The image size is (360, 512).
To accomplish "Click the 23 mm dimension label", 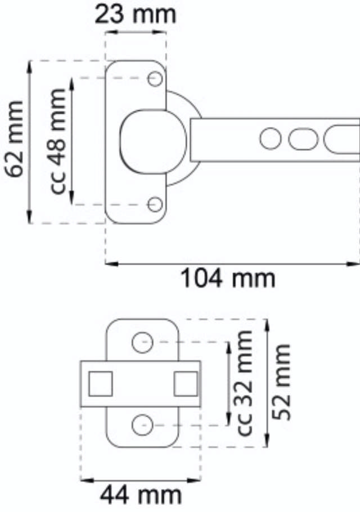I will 135,14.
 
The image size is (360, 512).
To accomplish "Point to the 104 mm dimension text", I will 228,278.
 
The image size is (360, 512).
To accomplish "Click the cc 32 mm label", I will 245,382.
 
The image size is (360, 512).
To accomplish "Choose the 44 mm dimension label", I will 141,496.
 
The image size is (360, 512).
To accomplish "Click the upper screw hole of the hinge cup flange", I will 155,79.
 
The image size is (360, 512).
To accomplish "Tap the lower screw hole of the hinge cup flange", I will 155,204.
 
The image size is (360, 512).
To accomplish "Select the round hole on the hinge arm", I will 271,138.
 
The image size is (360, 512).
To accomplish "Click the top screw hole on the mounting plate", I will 142,342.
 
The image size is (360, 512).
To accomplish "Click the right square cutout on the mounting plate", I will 185,384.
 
